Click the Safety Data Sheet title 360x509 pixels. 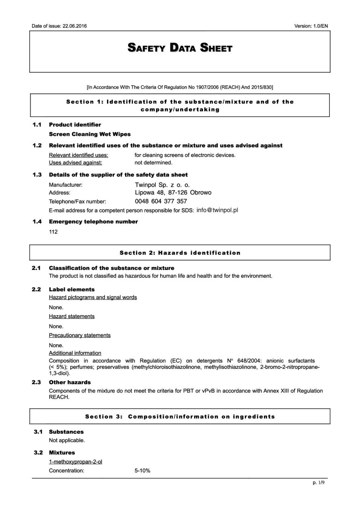point(180,48)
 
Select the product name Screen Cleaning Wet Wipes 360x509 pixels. point(90,134)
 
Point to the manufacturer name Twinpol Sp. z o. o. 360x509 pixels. point(162,185)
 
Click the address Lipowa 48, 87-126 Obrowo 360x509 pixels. point(173,193)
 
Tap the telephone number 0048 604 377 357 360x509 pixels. point(161,201)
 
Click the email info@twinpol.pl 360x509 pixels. point(217,210)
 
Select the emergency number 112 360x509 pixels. point(53,232)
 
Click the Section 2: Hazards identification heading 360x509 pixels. point(180,253)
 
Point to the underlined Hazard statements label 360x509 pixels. point(72,316)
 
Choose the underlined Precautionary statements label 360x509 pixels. point(80,335)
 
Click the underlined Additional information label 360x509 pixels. point(75,353)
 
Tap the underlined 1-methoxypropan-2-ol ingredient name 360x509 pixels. point(75,462)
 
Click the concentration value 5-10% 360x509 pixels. point(142,471)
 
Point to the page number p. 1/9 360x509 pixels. point(318,483)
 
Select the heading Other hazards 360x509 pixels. point(70,382)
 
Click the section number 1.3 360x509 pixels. point(37,175)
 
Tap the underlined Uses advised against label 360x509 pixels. point(75,163)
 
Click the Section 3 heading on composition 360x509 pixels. point(180,417)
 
